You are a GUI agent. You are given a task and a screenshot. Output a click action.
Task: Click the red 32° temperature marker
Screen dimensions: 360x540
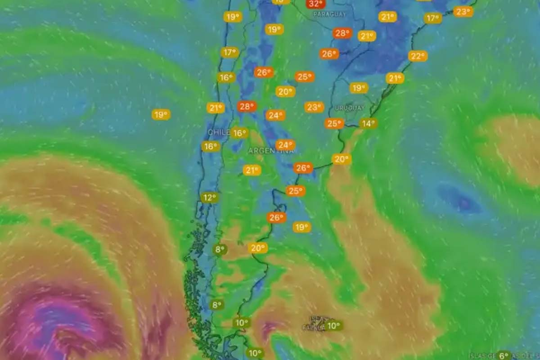click(x=315, y=4)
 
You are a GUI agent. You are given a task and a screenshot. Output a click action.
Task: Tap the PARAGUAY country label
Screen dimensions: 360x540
click(x=330, y=14)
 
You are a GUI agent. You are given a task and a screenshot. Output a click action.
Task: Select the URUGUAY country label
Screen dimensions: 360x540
click(x=349, y=108)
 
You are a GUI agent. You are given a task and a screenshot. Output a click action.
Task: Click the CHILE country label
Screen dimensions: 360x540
click(x=219, y=132)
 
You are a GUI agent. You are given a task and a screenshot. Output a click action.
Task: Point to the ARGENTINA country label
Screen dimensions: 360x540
click(x=270, y=151)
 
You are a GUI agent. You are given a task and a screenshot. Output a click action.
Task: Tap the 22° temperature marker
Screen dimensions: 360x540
click(x=418, y=56)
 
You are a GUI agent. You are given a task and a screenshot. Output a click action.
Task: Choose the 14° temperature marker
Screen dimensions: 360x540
click(x=368, y=123)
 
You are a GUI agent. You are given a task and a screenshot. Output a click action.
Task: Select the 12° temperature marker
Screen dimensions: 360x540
click(x=209, y=198)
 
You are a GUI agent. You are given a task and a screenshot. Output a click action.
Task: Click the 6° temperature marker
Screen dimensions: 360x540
click(x=504, y=355)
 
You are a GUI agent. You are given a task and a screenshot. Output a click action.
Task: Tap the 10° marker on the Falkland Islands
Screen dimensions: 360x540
click(x=333, y=325)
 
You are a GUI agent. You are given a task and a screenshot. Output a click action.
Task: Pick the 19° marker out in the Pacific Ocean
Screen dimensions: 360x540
click(x=161, y=114)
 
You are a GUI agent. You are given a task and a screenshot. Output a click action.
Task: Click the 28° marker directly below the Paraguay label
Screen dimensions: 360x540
click(x=342, y=33)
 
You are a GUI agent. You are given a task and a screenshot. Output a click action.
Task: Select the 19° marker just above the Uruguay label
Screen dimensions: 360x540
click(x=359, y=88)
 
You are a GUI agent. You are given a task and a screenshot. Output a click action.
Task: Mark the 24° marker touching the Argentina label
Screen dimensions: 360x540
click(x=285, y=145)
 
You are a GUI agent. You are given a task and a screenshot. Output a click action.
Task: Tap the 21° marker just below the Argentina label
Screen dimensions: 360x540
click(x=252, y=170)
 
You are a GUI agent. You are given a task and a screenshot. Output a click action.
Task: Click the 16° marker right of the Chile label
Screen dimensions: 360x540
click(x=240, y=133)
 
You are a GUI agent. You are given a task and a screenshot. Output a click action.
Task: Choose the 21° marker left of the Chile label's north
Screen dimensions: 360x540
click(x=216, y=108)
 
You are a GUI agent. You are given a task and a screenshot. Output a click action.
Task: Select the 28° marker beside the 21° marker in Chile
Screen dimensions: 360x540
click(x=247, y=107)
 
